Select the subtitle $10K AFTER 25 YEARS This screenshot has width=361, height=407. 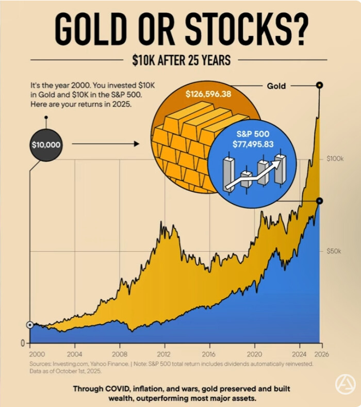click(x=180, y=60)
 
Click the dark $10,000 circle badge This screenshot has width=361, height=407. click(x=46, y=144)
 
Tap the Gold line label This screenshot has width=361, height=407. click(x=276, y=86)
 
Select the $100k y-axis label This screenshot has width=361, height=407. click(x=335, y=159)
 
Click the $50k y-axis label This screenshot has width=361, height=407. click(x=334, y=251)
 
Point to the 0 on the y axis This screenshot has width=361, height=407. click(x=23, y=343)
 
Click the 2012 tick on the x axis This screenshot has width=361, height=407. click(x=165, y=354)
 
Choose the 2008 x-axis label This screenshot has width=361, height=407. click(x=120, y=354)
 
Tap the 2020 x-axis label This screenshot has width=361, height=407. click(x=254, y=354)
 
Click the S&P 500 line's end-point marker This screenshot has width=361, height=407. click(x=320, y=201)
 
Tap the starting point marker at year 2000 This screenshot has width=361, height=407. click(x=30, y=325)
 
